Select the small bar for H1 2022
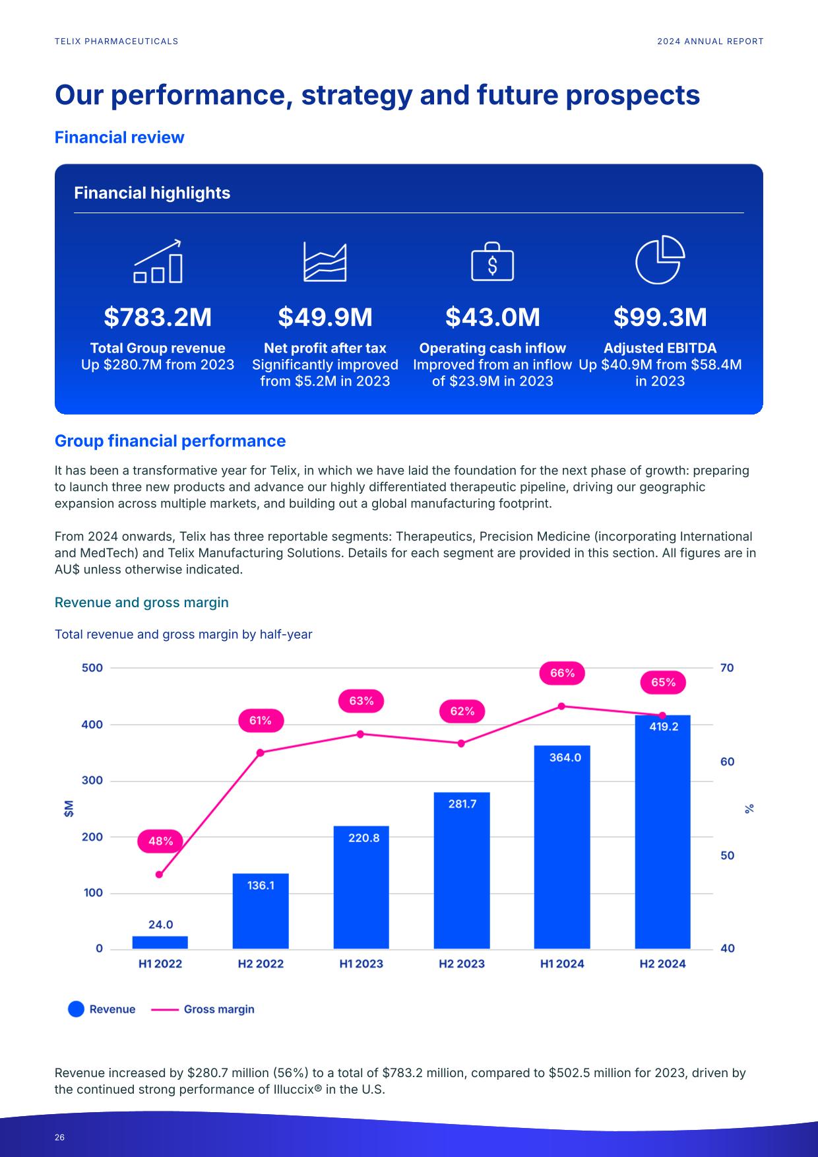(160, 942)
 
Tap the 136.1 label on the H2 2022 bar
(261, 886)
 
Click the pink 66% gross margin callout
(562, 673)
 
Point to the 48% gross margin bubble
(160, 841)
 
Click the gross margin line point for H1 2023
(360, 734)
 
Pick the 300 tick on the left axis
(92, 781)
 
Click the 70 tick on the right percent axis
(727, 668)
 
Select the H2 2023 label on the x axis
(462, 964)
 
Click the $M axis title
(69, 809)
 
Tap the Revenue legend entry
(102, 1009)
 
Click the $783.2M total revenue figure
(158, 317)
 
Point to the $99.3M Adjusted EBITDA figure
(660, 317)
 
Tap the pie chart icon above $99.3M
(660, 259)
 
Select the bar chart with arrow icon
(158, 261)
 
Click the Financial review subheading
(119, 137)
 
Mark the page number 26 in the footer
(59, 1137)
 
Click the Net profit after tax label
(325, 348)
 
